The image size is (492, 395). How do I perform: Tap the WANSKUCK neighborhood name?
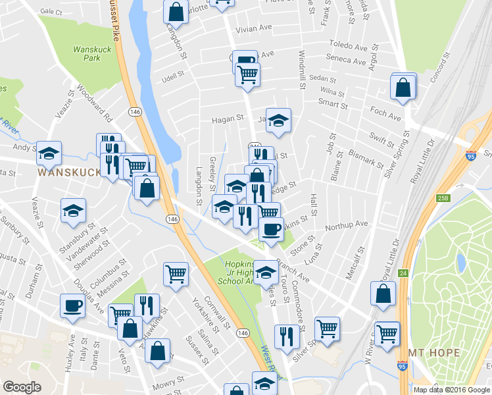point(70,172)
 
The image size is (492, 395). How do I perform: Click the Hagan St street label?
point(228,120)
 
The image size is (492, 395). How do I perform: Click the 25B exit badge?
point(424,197)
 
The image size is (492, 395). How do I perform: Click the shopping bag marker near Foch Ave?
point(403,87)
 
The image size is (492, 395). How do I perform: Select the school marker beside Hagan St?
point(278,120)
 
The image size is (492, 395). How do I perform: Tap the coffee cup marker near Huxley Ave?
point(73,305)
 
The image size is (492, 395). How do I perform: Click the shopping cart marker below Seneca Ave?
point(247,75)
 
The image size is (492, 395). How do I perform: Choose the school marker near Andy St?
point(49,153)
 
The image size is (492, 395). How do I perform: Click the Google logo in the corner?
point(22,387)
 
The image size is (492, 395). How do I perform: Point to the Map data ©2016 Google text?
point(452,390)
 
